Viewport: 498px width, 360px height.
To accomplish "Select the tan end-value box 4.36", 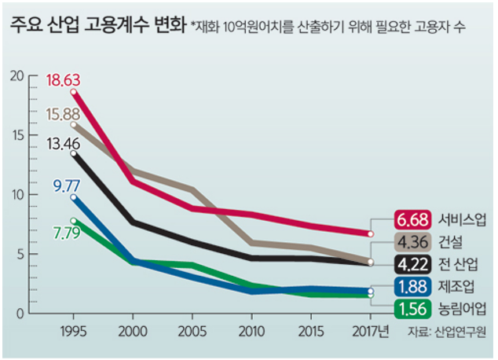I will (x=412, y=241).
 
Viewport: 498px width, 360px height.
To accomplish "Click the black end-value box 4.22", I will (x=412, y=263).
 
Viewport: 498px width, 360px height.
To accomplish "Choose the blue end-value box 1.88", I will (x=412, y=285).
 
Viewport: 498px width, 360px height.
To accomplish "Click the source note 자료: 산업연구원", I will (x=445, y=332).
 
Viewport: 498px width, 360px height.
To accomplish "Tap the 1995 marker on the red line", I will (x=74, y=92).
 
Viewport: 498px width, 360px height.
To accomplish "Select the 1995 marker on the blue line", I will (x=74, y=197).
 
